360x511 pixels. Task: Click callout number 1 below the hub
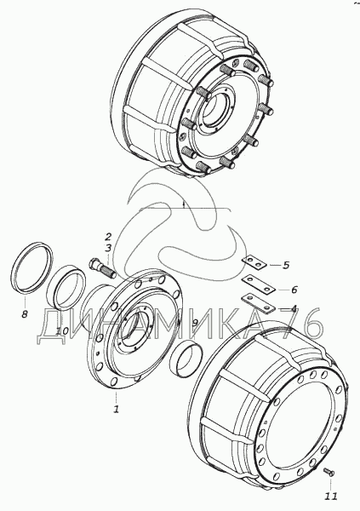116,408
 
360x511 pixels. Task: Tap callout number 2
108,237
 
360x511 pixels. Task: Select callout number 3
108,248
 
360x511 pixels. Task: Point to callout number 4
294,308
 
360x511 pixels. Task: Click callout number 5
286,265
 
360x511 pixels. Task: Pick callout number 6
294,289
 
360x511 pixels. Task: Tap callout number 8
25,314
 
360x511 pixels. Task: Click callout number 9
195,323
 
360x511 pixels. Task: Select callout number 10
62,331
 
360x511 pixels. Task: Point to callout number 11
330,497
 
